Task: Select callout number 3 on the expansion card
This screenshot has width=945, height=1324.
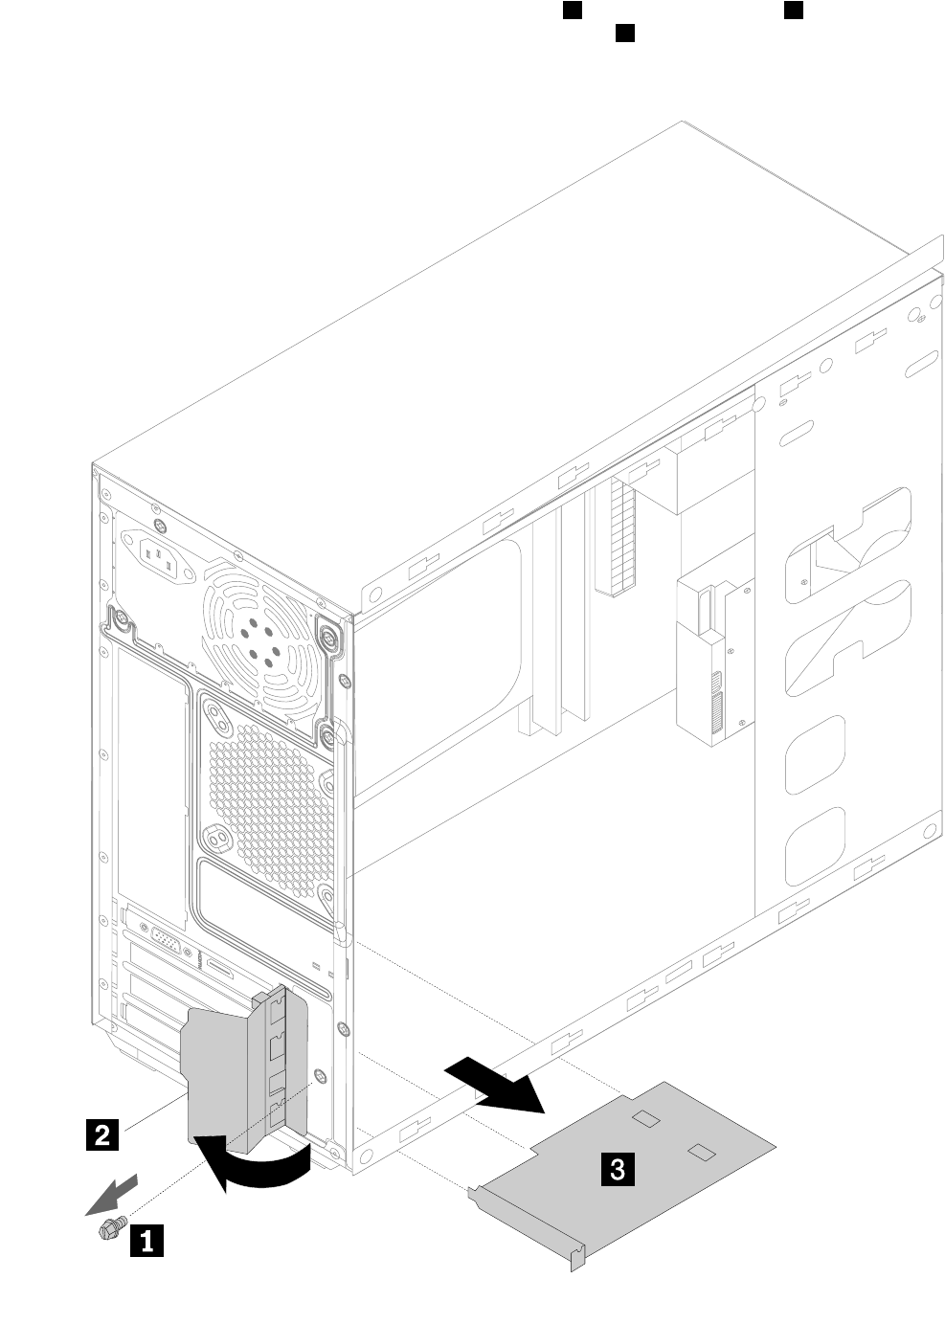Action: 618,1168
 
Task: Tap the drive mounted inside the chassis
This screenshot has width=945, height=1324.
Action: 714,662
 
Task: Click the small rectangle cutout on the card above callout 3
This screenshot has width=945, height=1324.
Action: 646,1117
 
